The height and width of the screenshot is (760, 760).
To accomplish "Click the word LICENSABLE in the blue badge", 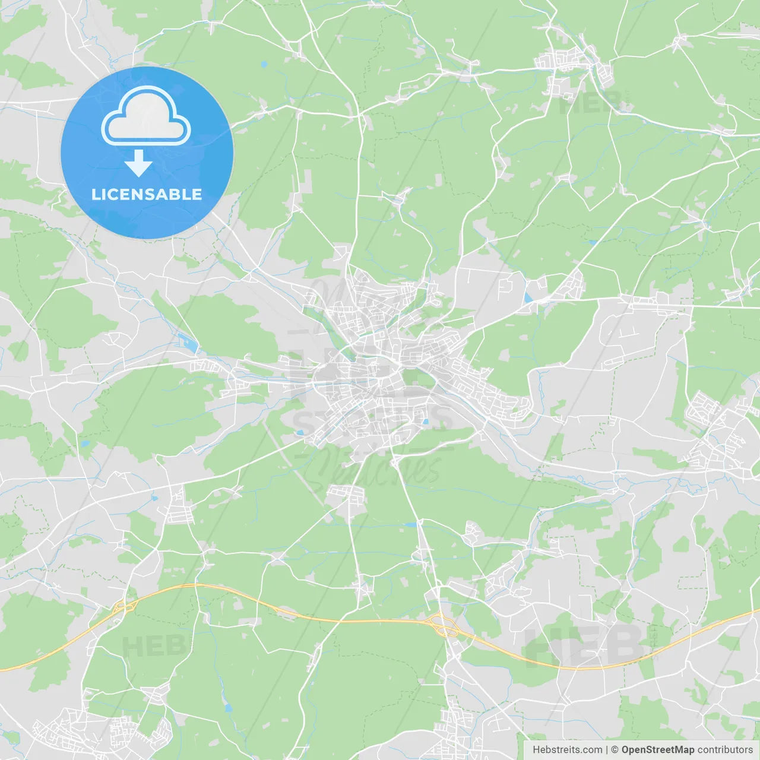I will pyautogui.click(x=147, y=195).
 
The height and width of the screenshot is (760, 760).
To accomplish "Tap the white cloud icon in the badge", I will pyautogui.click(x=146, y=117).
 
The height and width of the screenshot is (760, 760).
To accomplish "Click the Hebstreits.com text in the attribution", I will pyautogui.click(x=567, y=750).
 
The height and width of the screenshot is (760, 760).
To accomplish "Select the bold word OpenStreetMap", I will pyautogui.click(x=657, y=750).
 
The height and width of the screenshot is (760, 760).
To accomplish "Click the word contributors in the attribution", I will pyautogui.click(x=725, y=750).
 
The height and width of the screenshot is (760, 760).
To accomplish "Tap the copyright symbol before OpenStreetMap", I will pyautogui.click(x=615, y=750).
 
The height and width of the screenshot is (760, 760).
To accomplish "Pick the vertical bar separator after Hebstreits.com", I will pyautogui.click(x=607, y=750).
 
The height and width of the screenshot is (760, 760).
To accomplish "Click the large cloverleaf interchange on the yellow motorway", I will pyautogui.click(x=443, y=625).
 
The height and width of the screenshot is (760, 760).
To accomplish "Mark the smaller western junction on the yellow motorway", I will pyautogui.click(x=125, y=606).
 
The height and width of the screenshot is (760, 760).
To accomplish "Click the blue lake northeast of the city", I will pyautogui.click(x=528, y=297).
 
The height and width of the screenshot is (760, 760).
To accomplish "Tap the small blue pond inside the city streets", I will pyautogui.click(x=425, y=422).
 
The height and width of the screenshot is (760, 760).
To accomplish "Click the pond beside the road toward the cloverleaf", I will pyautogui.click(x=410, y=525).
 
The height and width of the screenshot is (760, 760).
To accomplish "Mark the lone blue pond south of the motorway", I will pyautogui.click(x=228, y=708).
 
